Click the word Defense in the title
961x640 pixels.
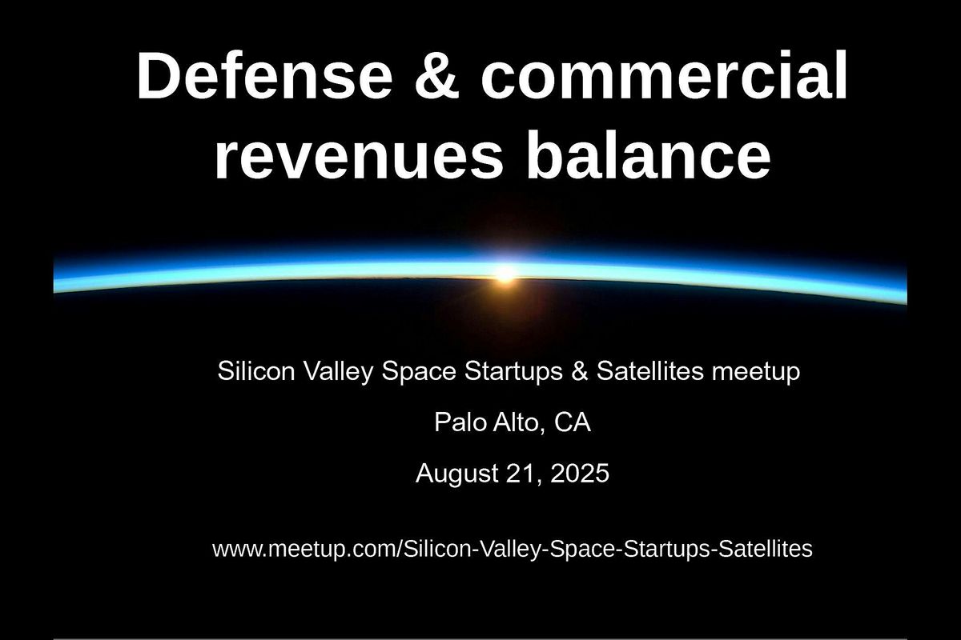pos(264,75)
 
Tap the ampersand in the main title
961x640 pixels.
pos(436,76)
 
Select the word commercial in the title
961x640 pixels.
pos(664,75)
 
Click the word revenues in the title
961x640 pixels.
pos(359,154)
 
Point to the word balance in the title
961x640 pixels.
pos(649,153)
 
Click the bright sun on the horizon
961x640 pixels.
pos(505,274)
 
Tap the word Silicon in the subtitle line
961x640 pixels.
pos(256,370)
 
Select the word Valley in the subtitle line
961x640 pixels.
pos(339,372)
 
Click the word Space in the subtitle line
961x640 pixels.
pos(419,372)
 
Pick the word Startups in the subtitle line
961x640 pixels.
pos(513,372)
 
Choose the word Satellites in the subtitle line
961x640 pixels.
pos(650,370)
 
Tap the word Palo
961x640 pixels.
pos(460,422)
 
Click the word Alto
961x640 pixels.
pos(520,423)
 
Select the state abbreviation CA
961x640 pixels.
pos(573,422)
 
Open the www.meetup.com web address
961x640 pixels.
pos(513,550)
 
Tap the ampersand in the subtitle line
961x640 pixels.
pos(579,370)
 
